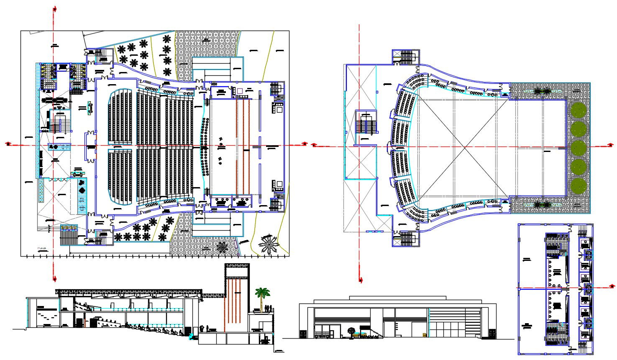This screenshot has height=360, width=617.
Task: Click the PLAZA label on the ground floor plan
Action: coord(41,248)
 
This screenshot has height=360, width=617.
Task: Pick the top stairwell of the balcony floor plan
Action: coord(405,57)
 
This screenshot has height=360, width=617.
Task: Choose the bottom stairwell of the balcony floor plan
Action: coord(405,239)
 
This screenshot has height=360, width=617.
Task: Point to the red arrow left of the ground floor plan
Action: coord(8,144)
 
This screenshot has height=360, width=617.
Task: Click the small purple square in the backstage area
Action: coord(240,91)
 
